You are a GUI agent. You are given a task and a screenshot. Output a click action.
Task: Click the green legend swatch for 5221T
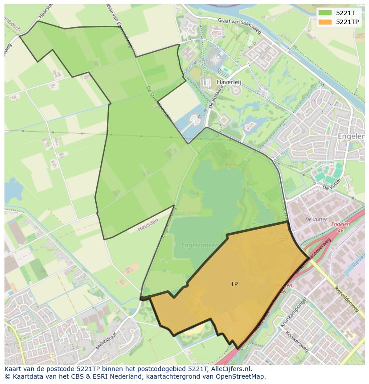pyautogui.click(x=325, y=13)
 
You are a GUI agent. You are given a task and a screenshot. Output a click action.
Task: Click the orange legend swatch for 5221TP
pyautogui.click(x=325, y=22)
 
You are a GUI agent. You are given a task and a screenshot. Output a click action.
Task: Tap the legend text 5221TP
pyautogui.click(x=348, y=22)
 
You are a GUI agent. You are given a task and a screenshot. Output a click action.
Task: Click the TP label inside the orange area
pyautogui.click(x=234, y=284)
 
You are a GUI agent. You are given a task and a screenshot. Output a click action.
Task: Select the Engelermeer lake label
pyautogui.click(x=199, y=245)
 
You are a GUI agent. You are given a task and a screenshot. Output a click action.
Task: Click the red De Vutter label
pyautogui.click(x=316, y=219)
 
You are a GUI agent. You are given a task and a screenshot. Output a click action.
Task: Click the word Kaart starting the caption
pyautogui.click(x=13, y=369)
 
